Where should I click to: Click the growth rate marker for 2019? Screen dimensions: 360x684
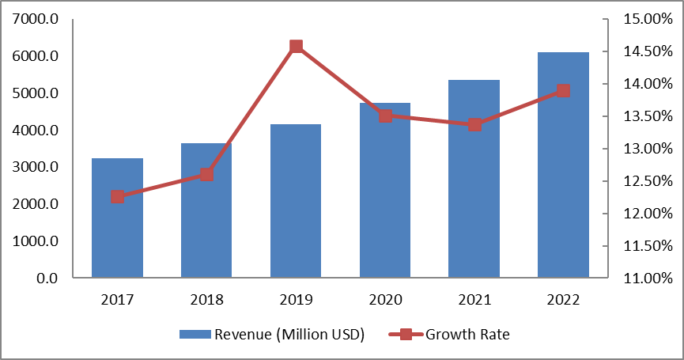296,47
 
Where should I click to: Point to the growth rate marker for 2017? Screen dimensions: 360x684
117,196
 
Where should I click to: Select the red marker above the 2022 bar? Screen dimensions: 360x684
563,91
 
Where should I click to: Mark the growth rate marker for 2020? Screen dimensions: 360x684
385,116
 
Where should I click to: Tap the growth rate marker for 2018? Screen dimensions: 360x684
206,174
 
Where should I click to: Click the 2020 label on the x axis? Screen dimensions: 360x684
385,301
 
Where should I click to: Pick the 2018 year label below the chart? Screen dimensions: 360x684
206,301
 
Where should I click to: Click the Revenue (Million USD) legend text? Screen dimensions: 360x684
289,334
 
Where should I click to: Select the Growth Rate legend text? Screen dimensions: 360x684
468,334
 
